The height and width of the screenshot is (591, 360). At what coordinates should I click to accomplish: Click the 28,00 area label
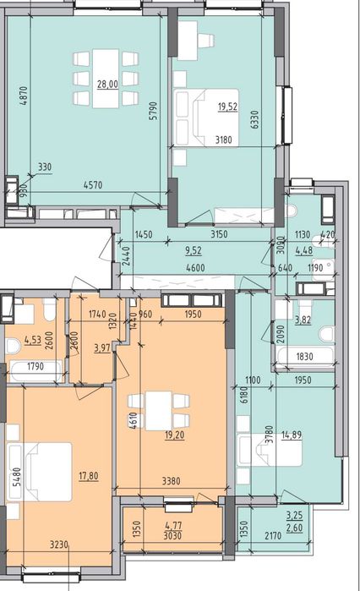click(107, 84)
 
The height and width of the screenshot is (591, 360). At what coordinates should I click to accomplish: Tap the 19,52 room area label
click(228, 107)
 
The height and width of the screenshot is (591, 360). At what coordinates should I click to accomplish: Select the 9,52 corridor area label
click(194, 250)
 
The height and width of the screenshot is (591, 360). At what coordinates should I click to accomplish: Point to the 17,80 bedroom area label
click(89, 476)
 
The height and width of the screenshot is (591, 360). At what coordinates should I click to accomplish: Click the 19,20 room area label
click(175, 435)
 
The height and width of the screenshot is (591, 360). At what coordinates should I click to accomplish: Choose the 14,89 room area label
click(292, 436)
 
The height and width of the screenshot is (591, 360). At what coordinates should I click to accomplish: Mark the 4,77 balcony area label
click(173, 525)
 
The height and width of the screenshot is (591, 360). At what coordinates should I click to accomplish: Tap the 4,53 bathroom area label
click(33, 341)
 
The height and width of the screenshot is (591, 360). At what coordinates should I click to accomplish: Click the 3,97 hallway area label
click(102, 347)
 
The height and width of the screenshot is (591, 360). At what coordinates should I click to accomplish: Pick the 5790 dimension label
click(153, 112)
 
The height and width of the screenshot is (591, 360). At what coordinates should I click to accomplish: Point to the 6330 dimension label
click(255, 119)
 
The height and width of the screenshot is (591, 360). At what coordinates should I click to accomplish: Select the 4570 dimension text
click(93, 185)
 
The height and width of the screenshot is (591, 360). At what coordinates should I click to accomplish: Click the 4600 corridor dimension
click(196, 268)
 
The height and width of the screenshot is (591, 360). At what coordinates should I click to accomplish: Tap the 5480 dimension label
click(17, 478)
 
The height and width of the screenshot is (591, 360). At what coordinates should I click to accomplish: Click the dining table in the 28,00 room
click(106, 79)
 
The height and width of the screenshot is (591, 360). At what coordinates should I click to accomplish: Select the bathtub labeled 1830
click(304, 357)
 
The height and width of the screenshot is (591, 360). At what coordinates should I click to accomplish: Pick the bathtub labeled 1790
click(36, 371)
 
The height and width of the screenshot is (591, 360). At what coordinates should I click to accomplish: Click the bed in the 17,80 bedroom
click(39, 472)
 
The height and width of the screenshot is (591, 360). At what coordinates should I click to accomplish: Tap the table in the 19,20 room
click(159, 411)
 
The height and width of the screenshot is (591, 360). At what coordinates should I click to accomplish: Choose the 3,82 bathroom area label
click(303, 320)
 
